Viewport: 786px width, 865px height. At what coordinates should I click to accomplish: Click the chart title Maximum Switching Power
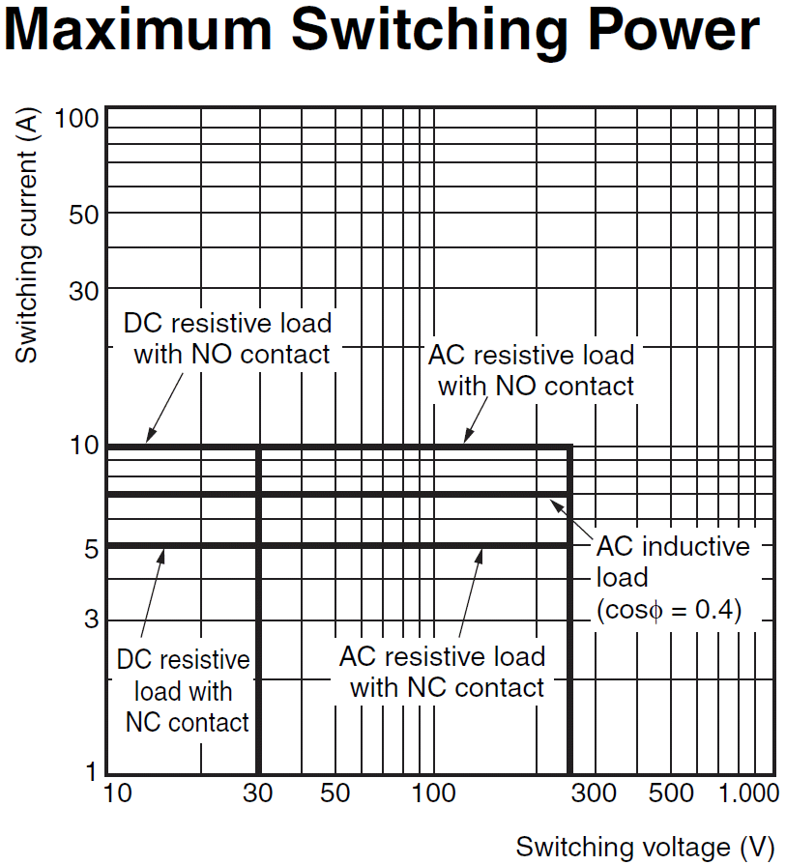382,31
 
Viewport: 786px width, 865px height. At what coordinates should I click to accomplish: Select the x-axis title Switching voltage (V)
645,847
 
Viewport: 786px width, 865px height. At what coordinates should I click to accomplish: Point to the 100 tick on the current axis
76,120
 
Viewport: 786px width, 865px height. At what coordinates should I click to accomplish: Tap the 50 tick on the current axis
84,215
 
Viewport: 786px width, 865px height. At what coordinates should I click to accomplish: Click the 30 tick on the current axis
84,290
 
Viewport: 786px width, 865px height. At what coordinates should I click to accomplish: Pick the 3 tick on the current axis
91,619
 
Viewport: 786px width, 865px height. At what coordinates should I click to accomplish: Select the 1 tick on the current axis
91,771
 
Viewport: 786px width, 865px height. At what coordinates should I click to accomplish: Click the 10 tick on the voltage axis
116,794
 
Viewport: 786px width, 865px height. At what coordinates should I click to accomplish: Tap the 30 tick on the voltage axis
257,794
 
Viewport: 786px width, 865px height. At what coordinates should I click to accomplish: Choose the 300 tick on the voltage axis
594,794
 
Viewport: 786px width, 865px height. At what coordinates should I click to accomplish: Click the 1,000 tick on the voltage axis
747,794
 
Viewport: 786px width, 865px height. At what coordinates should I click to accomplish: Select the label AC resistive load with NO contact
534,370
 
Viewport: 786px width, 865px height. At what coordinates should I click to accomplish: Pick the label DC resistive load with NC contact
185,691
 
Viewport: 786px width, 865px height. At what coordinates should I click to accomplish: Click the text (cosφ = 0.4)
668,610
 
